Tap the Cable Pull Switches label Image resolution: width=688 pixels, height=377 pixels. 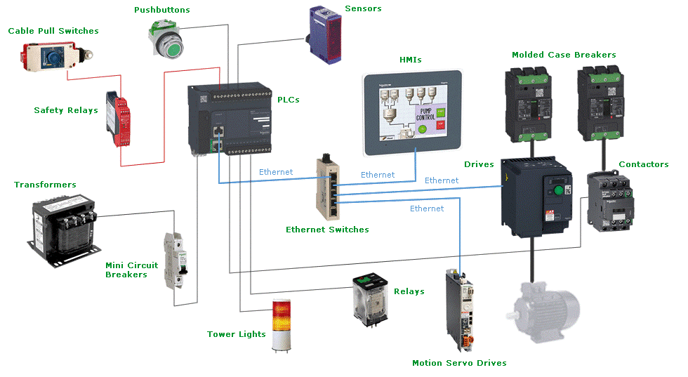click(53, 31)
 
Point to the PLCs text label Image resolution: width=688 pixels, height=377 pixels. click(288, 100)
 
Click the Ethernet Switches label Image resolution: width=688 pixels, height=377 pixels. click(327, 230)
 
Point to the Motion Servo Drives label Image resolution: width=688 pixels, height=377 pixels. click(458, 363)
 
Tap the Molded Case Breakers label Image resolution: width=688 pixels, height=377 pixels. click(564, 55)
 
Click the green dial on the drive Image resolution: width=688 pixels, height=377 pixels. click(559, 190)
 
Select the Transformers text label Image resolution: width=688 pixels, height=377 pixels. click(45, 185)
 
